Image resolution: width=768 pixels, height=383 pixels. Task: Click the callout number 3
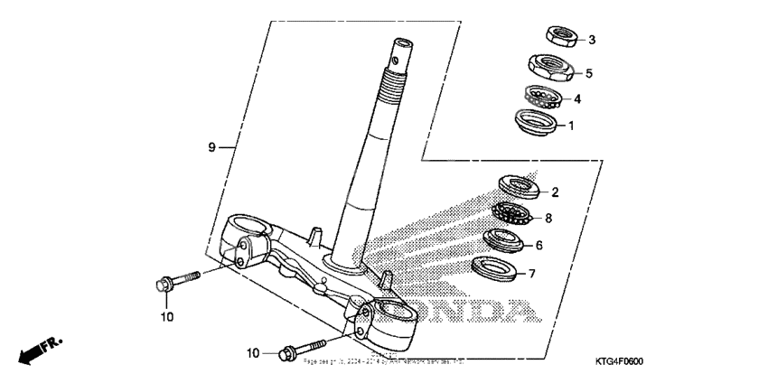click(x=591, y=40)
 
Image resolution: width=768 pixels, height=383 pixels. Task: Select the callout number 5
click(x=588, y=72)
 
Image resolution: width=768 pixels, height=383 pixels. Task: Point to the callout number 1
click(x=570, y=126)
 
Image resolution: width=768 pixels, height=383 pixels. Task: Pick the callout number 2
click(x=555, y=191)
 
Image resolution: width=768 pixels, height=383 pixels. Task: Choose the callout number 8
click(x=548, y=218)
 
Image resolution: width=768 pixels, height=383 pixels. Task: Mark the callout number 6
click(x=539, y=245)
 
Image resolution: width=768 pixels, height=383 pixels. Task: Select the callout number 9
click(x=211, y=146)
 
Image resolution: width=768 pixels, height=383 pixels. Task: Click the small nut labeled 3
click(x=561, y=37)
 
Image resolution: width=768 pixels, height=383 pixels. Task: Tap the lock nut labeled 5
click(x=547, y=66)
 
